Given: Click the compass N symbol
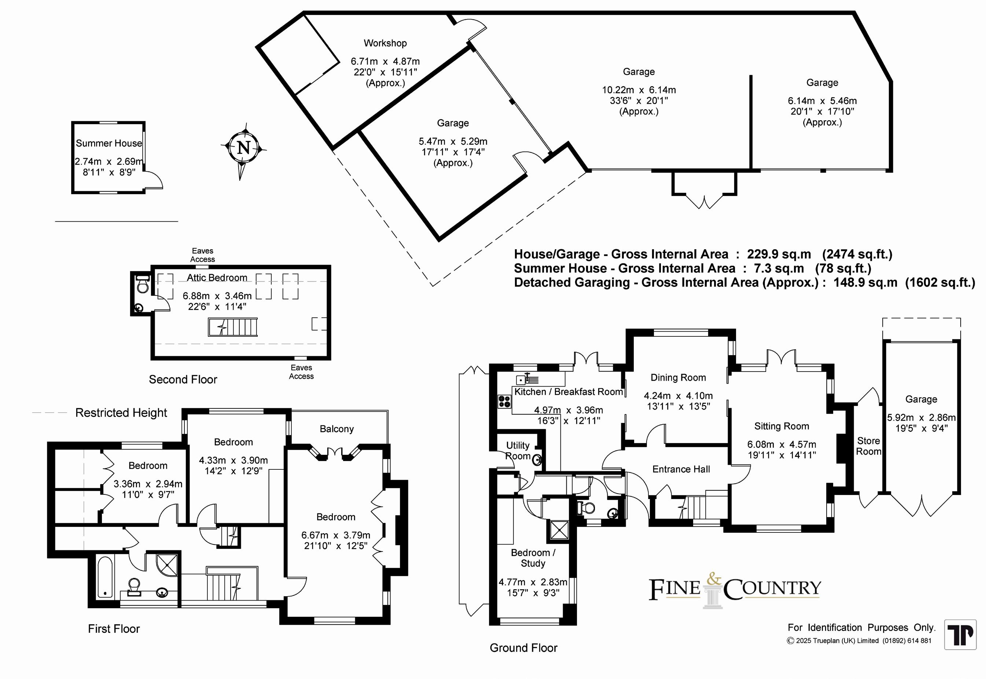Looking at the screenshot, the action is coord(243,148).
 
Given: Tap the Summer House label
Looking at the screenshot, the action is coord(108,143).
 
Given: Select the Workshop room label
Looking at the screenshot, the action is coord(385,43).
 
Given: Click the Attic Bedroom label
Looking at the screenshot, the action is coord(217,278).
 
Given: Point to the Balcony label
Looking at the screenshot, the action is coord(336,429).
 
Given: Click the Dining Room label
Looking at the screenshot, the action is coord(678,377).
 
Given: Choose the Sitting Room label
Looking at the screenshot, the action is coord(781,426).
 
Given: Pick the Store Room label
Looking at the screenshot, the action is coord(868,446).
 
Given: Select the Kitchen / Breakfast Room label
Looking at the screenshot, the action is coord(569,392).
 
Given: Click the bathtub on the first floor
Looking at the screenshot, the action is coord(105,577).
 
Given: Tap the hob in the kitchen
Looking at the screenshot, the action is coord(504,401).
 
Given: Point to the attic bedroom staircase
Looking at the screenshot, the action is coord(233,328).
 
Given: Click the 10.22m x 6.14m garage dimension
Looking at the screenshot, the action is coord(638,90).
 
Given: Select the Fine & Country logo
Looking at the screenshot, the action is coord(734,589).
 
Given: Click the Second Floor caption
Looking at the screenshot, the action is coord(183,380).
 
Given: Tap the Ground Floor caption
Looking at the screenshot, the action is coord(523,648).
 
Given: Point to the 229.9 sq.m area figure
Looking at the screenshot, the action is coord(779,254).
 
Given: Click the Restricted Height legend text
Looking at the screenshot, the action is coord(121,413).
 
